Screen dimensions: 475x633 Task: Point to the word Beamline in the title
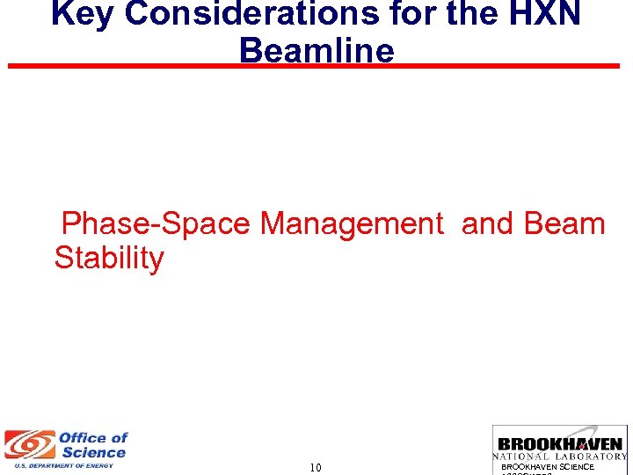pos(316,50)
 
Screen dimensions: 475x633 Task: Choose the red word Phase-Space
pos(156,224)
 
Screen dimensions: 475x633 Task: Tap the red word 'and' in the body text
pos(488,224)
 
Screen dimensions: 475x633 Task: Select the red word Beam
pos(564,224)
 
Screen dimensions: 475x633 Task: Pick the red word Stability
pos(109,259)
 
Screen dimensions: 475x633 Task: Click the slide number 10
pos(316,468)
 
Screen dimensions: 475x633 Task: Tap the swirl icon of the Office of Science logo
pos(29,446)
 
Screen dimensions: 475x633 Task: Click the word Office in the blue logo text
pos(93,438)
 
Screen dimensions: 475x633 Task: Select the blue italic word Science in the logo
pos(94,452)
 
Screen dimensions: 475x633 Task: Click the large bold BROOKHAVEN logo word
pos(560,444)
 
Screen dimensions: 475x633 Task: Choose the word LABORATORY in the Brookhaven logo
pos(593,457)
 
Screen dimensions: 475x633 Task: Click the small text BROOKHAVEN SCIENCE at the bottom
pos(548,467)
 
